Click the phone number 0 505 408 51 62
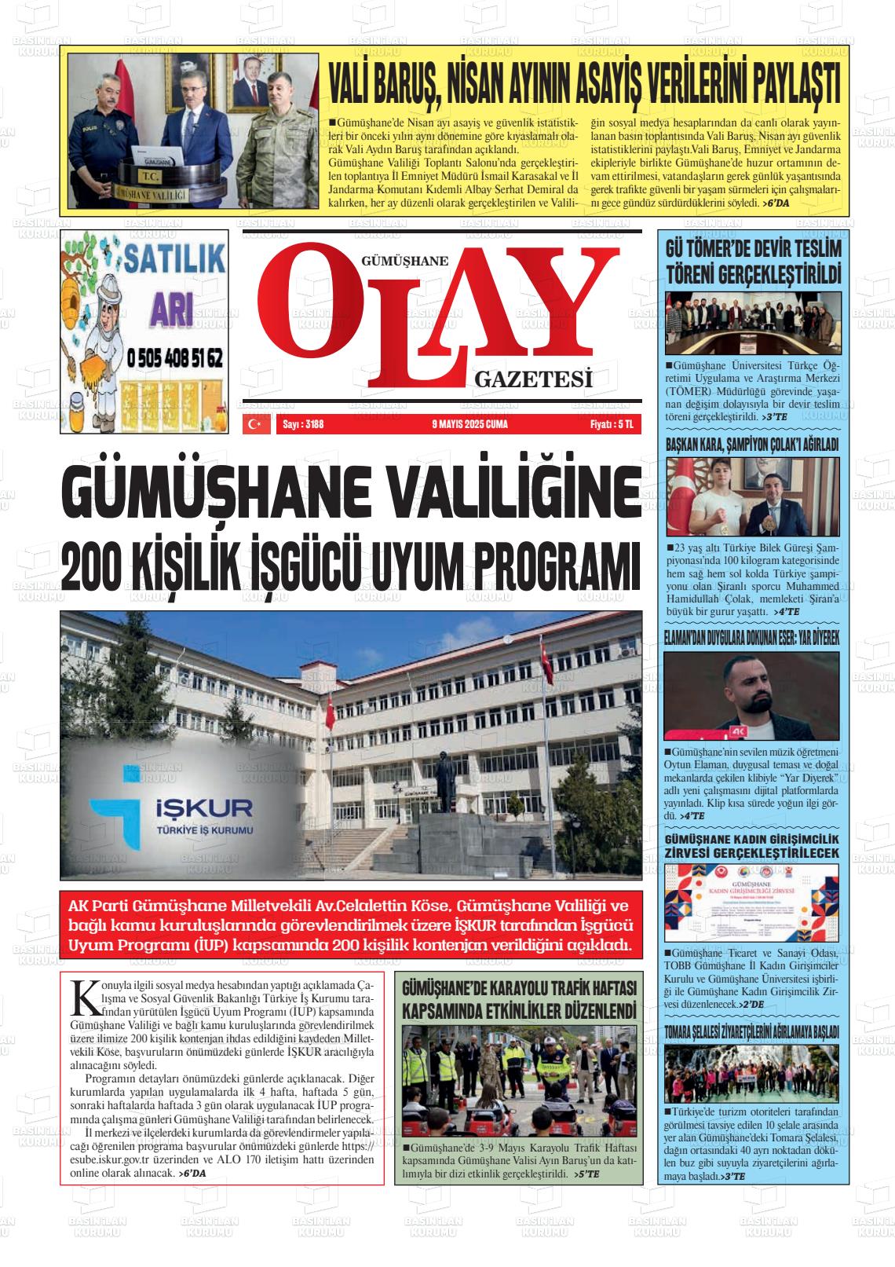174,359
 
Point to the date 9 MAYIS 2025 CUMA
469,425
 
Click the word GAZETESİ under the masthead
532,380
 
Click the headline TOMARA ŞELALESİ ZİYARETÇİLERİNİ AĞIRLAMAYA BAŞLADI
752,1031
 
